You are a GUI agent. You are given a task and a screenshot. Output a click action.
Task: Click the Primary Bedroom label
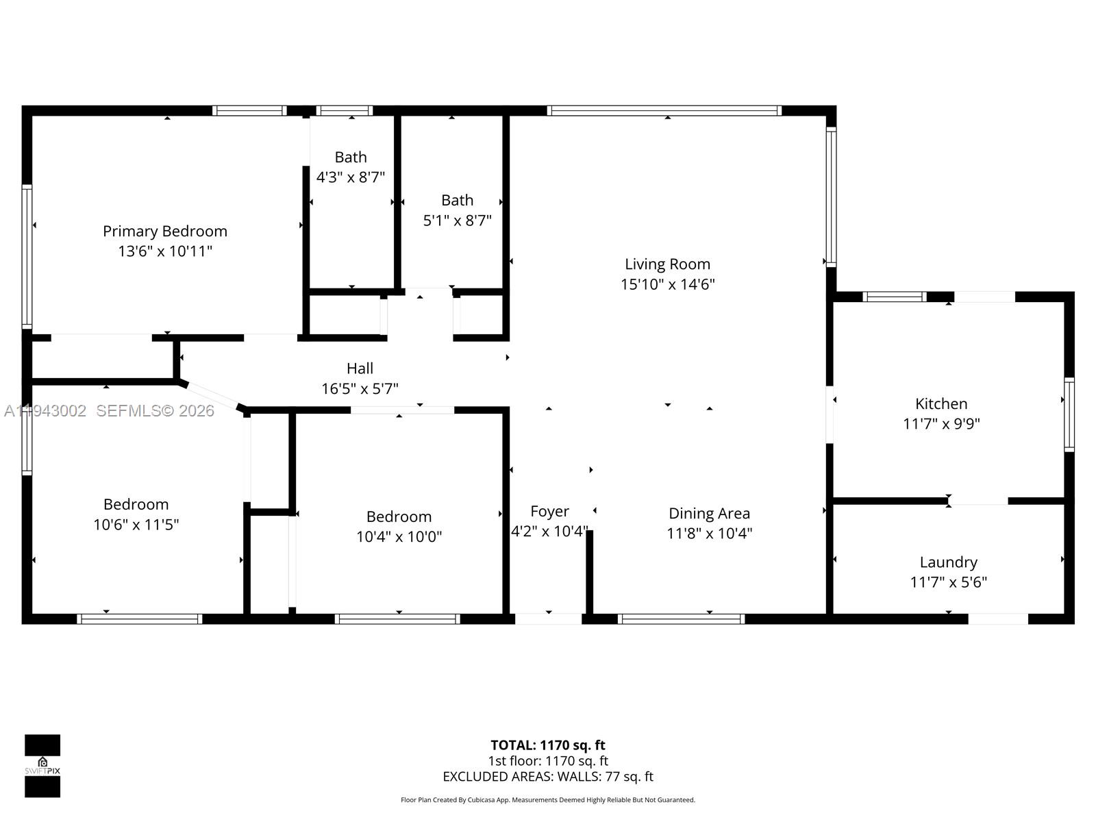[165, 232]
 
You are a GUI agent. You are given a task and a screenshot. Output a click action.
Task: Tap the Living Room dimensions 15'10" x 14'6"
[668, 284]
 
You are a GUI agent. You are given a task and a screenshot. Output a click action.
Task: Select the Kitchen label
[941, 404]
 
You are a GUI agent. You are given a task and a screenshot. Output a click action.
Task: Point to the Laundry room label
[948, 562]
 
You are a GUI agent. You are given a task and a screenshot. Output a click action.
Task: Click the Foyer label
[549, 512]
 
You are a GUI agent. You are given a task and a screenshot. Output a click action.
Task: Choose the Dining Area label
[709, 514]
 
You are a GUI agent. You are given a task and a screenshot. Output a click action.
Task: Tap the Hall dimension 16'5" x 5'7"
[360, 389]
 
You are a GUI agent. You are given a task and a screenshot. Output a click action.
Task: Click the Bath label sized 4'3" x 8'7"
[351, 158]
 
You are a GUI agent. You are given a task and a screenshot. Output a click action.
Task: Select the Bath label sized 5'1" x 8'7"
[457, 201]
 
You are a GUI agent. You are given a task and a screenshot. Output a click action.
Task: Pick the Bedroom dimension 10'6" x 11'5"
[136, 525]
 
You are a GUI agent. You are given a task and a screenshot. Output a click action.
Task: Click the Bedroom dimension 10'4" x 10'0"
[399, 537]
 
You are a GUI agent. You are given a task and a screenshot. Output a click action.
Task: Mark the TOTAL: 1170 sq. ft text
[548, 745]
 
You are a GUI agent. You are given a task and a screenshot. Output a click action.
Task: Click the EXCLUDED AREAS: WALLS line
[548, 777]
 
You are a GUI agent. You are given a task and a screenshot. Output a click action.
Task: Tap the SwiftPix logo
[42, 766]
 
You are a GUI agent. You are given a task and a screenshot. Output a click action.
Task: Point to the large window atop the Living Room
[664, 110]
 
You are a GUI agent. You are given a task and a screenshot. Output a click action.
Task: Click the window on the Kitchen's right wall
[1069, 414]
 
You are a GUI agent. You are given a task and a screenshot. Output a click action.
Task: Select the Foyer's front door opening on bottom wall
[548, 619]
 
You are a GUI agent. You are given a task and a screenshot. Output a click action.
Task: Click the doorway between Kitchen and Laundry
[978, 501]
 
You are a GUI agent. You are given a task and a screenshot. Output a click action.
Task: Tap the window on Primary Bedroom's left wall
[27, 256]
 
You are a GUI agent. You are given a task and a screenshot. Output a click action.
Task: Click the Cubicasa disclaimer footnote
[548, 800]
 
